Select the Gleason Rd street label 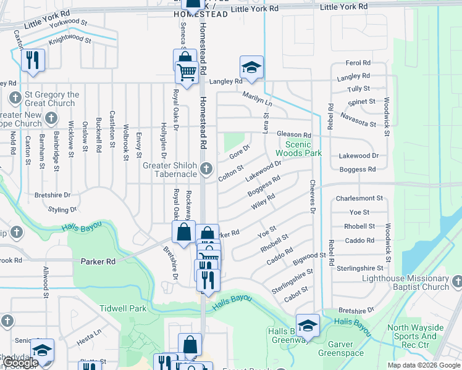pos(294,135)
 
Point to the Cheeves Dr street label pos(313,197)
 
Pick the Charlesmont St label pos(359,199)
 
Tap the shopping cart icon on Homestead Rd pos(187,72)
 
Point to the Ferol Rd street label pos(358,63)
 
